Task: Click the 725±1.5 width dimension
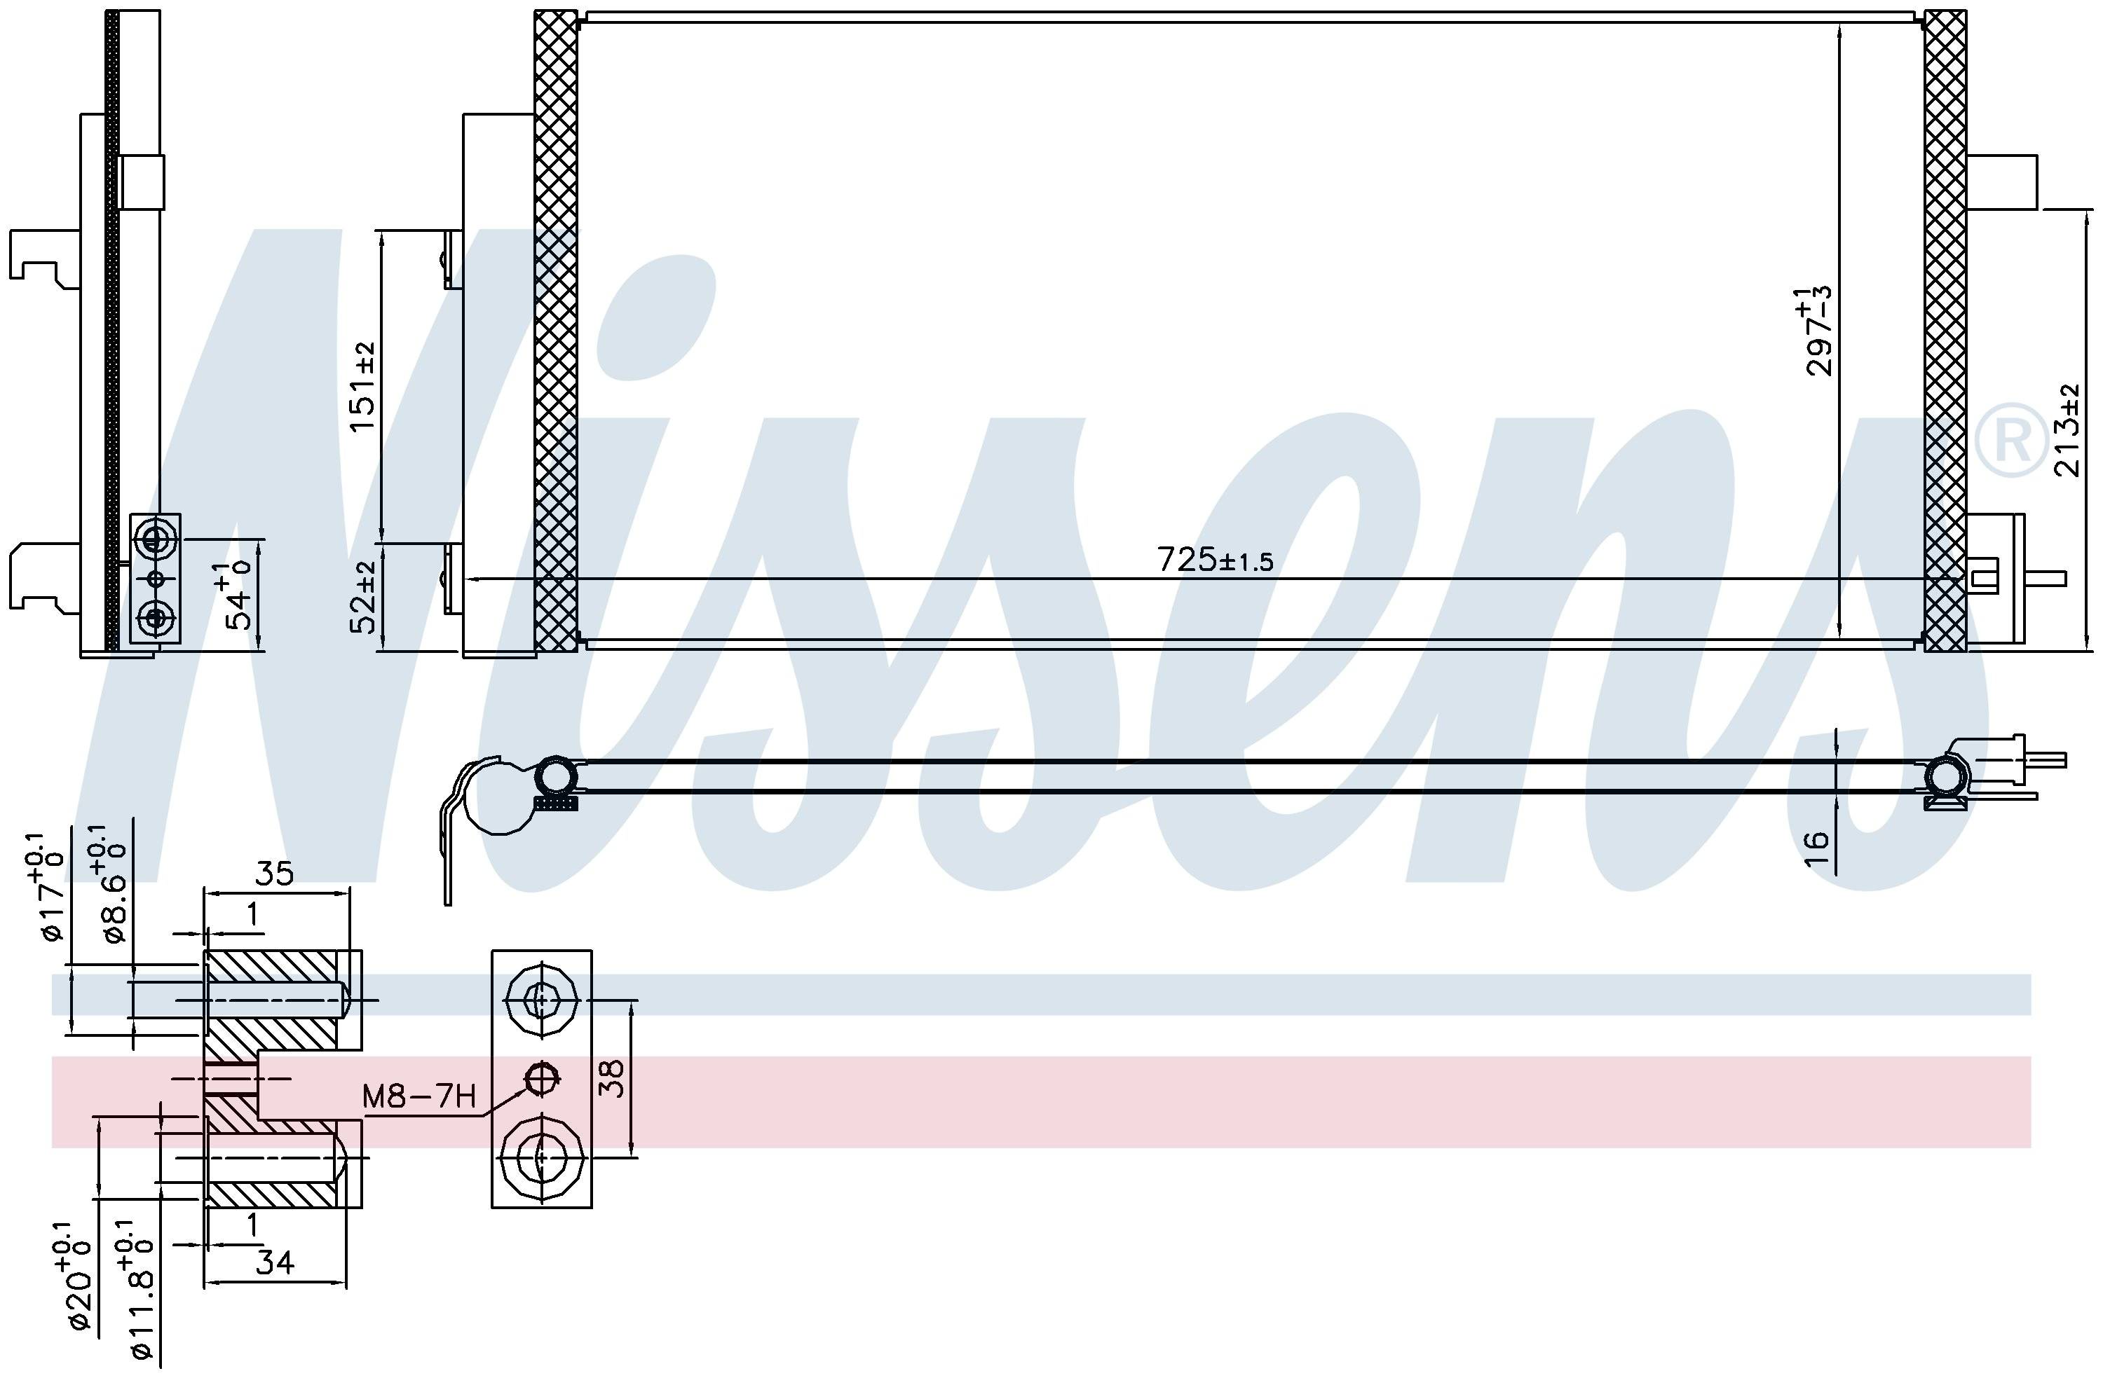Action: tap(1215, 560)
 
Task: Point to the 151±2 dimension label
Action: tap(362, 386)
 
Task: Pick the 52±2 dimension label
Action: tap(362, 597)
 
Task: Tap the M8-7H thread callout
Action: tap(418, 1097)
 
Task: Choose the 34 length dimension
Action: tap(274, 1263)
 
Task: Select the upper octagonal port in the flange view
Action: tap(540, 1000)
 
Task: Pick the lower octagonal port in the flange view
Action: tap(540, 1155)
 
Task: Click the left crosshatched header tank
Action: tap(556, 332)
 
